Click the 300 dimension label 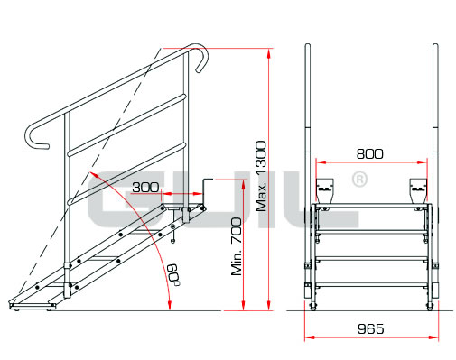tap(145, 187)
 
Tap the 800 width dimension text tap(370, 153)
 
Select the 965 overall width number tap(371, 328)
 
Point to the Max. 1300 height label tap(261, 176)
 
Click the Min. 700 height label tap(237, 246)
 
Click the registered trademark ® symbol tap(359, 180)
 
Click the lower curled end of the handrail tap(34, 137)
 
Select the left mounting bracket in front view tap(324, 190)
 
